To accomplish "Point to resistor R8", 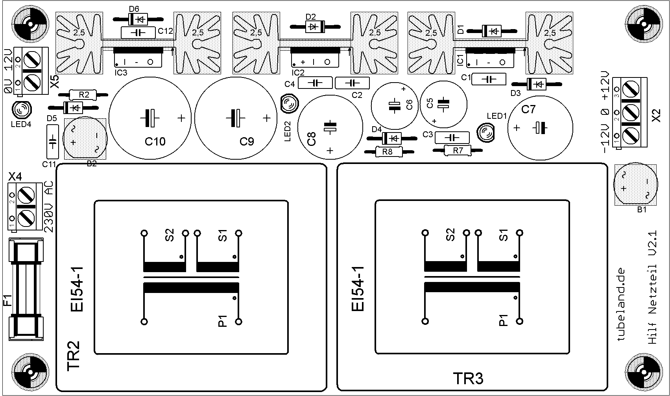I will pos(388,152).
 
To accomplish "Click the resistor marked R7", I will pos(458,150).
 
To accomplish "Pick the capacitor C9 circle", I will pos(235,118).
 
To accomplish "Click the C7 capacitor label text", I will pos(528,109).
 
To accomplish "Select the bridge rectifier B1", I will pos(635,185).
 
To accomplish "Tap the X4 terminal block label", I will pos(16,177).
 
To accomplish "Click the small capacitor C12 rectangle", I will pos(138,32).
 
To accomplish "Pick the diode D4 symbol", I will pos(391,138).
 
